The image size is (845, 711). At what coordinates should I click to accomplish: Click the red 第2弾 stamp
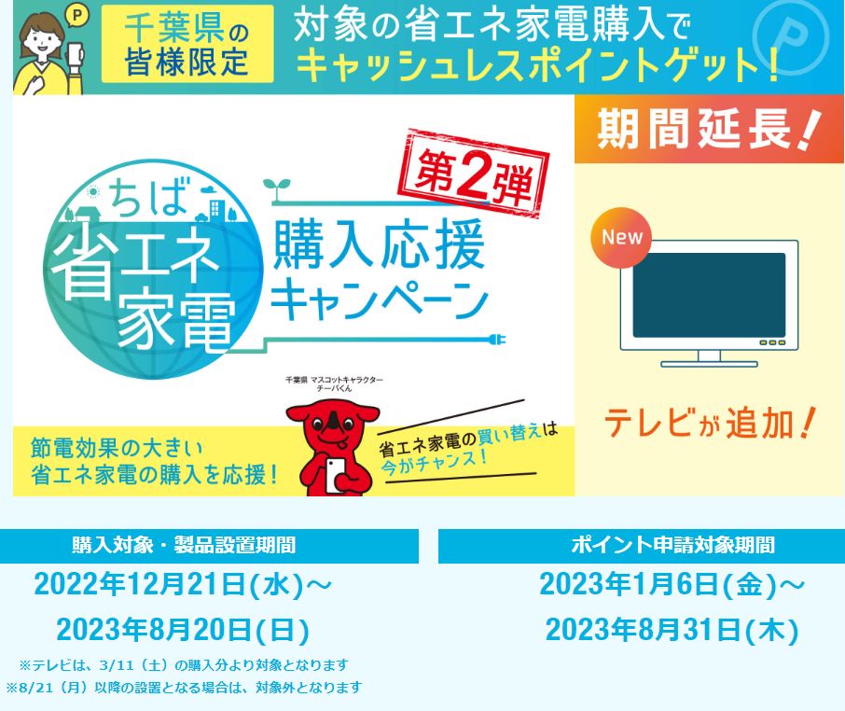coord(473,173)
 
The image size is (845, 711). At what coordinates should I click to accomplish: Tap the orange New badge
coord(621,237)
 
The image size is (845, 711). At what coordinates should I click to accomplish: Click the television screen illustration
coord(709,295)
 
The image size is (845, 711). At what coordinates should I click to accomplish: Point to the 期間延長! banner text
coord(709,129)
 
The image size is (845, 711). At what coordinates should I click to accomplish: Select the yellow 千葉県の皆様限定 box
coord(187,44)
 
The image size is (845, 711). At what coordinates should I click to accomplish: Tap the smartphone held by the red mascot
coord(336,474)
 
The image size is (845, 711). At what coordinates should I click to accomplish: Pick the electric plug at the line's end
coord(497,341)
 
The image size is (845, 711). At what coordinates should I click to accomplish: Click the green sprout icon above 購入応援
coord(277,188)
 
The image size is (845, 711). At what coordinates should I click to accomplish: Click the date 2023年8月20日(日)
coord(183,630)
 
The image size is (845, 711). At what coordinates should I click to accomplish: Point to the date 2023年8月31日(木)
coord(672,630)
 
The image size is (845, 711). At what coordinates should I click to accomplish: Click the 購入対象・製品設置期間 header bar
coord(209,546)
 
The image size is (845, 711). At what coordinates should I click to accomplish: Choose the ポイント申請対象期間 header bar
coord(642,546)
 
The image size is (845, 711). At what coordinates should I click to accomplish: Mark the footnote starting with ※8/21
coord(184,688)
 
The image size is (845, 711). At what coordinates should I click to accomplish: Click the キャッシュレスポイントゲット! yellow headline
coord(537,64)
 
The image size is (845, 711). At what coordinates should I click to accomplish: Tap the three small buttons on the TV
coord(772,342)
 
